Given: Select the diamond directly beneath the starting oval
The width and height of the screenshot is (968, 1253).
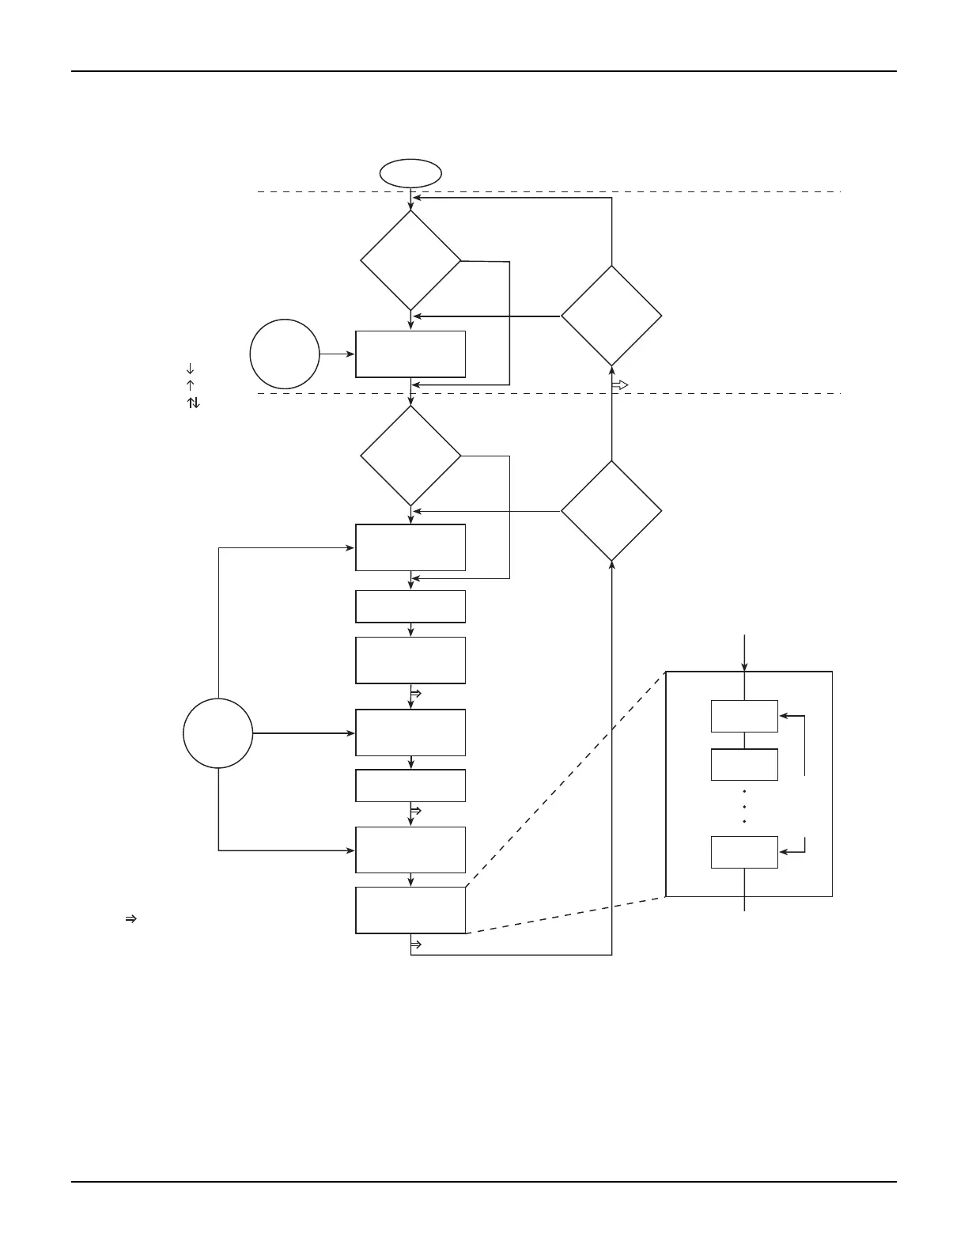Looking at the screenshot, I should click(410, 259).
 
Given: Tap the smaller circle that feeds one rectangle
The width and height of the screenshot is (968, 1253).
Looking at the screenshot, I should click(285, 354).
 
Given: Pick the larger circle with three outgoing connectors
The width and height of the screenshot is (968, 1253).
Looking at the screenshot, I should click(218, 733).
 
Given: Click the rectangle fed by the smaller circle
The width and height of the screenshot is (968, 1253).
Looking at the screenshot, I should click(410, 354).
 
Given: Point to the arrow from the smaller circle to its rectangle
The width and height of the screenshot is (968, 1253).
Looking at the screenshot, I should click(338, 354).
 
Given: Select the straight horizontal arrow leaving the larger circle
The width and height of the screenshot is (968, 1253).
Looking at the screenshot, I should click(304, 733).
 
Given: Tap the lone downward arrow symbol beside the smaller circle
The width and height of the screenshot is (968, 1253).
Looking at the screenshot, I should click(190, 369).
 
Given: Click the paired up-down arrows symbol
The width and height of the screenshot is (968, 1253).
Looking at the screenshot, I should click(193, 403).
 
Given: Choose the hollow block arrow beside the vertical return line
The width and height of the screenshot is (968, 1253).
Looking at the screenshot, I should click(620, 385).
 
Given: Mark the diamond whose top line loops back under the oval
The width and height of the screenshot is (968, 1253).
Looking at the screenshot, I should click(611, 316).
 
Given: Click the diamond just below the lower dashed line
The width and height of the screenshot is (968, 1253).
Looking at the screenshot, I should click(410, 456).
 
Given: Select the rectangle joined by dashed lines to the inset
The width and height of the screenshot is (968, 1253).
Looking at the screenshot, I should click(410, 910).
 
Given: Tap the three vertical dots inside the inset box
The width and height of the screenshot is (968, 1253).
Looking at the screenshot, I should click(744, 807).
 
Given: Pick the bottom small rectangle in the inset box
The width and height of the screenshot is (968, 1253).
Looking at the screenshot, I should click(744, 852).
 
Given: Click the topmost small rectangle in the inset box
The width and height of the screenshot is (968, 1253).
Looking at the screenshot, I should click(744, 716).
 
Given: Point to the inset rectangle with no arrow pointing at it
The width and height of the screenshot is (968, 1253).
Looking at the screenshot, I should click(744, 764).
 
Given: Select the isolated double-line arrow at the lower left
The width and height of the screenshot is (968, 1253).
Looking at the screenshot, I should click(131, 919).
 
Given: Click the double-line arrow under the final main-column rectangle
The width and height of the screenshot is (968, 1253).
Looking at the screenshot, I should click(416, 944).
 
